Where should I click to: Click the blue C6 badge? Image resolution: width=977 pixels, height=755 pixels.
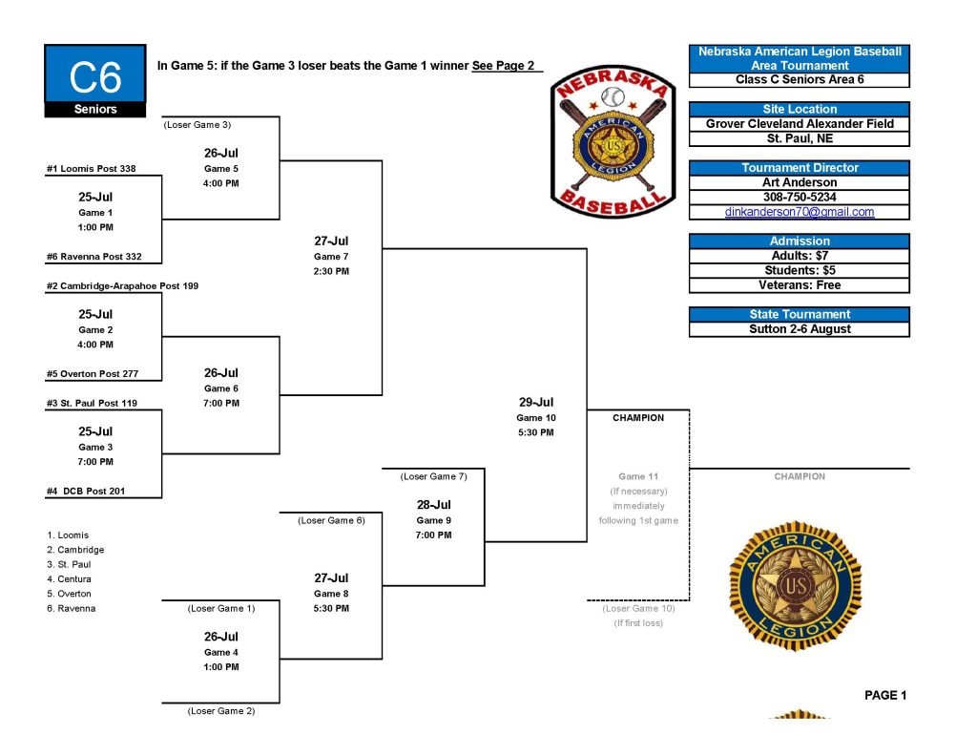pyautogui.click(x=95, y=80)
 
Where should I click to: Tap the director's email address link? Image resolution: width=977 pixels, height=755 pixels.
pyautogui.click(x=800, y=212)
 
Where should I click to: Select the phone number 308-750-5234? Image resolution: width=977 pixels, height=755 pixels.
pyautogui.click(x=800, y=197)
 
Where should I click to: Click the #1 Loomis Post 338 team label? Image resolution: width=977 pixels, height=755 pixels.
pyautogui.click(x=91, y=168)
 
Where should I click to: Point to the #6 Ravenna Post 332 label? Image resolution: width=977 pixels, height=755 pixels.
pyautogui.click(x=94, y=256)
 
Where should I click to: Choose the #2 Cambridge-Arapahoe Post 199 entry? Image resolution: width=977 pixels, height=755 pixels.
pyautogui.click(x=122, y=285)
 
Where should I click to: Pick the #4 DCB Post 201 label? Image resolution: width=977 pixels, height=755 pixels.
pyautogui.click(x=86, y=491)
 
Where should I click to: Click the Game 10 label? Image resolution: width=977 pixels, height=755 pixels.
pyautogui.click(x=536, y=418)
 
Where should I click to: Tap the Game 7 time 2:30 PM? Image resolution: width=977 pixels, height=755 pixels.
pyautogui.click(x=331, y=271)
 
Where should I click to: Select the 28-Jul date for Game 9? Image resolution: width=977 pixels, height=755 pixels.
pyautogui.click(x=434, y=504)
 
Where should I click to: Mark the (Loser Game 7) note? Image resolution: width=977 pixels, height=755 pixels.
pyautogui.click(x=434, y=476)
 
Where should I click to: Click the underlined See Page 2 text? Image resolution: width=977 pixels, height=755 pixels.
pyautogui.click(x=504, y=66)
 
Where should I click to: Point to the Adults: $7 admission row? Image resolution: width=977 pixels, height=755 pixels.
pyautogui.click(x=800, y=256)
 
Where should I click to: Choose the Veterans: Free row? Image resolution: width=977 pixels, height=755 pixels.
pyautogui.click(x=800, y=285)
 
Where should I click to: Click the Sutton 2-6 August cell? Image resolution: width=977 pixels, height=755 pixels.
pyautogui.click(x=800, y=329)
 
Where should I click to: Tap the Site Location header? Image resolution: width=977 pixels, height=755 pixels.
pyautogui.click(x=800, y=109)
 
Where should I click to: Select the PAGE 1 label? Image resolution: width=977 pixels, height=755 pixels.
pyautogui.click(x=885, y=695)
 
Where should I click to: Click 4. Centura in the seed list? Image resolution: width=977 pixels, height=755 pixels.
pyautogui.click(x=69, y=579)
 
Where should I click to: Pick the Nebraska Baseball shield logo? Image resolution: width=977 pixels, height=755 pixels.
pyautogui.click(x=613, y=141)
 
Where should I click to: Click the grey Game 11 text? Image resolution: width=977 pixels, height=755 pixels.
pyautogui.click(x=638, y=476)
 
